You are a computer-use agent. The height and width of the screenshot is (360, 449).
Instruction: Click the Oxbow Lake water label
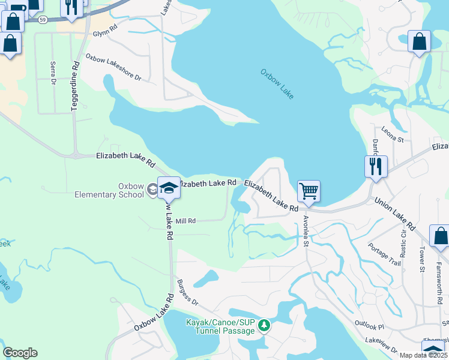(277, 85)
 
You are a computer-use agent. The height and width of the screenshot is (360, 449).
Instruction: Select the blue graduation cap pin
(169, 188)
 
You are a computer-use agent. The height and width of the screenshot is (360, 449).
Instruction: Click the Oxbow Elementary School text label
(109, 190)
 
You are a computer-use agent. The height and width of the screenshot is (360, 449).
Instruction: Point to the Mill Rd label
(185, 221)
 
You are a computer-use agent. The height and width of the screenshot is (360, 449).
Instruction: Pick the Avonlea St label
(306, 231)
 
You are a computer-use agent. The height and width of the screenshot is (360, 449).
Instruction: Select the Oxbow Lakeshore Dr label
(113, 68)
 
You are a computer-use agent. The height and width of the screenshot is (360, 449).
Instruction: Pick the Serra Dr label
(53, 73)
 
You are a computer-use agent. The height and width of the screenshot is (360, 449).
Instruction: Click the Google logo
(20, 353)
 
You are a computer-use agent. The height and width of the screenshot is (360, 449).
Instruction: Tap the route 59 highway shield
(42, 20)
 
